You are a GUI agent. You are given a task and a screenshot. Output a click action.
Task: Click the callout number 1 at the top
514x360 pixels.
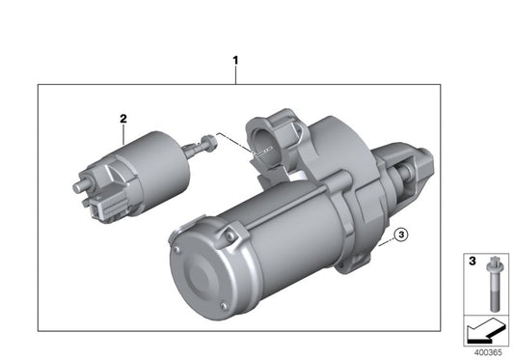[234, 61]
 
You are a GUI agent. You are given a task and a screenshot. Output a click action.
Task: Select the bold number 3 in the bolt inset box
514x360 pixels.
[471, 261]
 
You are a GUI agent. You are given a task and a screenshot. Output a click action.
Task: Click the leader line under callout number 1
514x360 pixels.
[234, 76]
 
